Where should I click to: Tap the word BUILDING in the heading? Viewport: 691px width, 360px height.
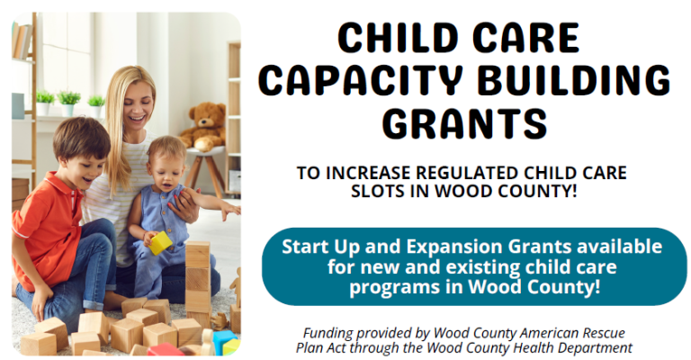[x=574, y=81]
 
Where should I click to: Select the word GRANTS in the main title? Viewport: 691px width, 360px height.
[x=466, y=124]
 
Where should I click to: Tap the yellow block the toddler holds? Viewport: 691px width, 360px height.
[x=160, y=243]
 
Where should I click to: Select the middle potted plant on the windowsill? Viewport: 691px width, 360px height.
[x=68, y=103]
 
